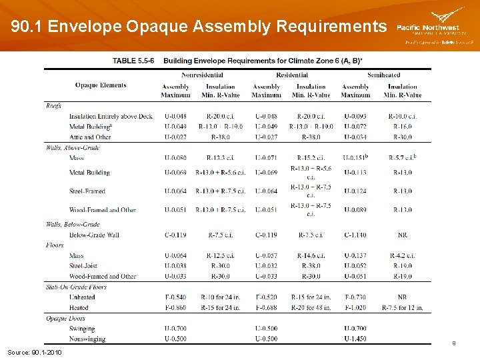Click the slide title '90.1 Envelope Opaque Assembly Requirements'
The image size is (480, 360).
(199, 27)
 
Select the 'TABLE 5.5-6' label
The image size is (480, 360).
(135, 61)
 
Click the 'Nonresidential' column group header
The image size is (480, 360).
(202, 75)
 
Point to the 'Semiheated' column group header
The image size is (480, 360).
(383, 75)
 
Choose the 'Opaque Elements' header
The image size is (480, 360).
(101, 85)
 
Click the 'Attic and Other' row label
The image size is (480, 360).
(90, 137)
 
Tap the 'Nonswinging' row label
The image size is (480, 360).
(87, 339)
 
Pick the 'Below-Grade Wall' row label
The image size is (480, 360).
(94, 235)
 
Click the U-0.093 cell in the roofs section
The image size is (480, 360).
(355, 117)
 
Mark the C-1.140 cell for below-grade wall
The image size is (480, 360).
(355, 235)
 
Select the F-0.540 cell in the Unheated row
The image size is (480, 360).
(175, 297)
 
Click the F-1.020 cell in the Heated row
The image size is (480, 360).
(355, 307)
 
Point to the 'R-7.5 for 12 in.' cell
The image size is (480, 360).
(403, 307)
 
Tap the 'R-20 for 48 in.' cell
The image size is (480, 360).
(311, 307)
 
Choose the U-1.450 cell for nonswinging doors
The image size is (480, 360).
(355, 339)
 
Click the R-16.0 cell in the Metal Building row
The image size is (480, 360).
(403, 127)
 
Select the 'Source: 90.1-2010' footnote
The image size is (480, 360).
(34, 351)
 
